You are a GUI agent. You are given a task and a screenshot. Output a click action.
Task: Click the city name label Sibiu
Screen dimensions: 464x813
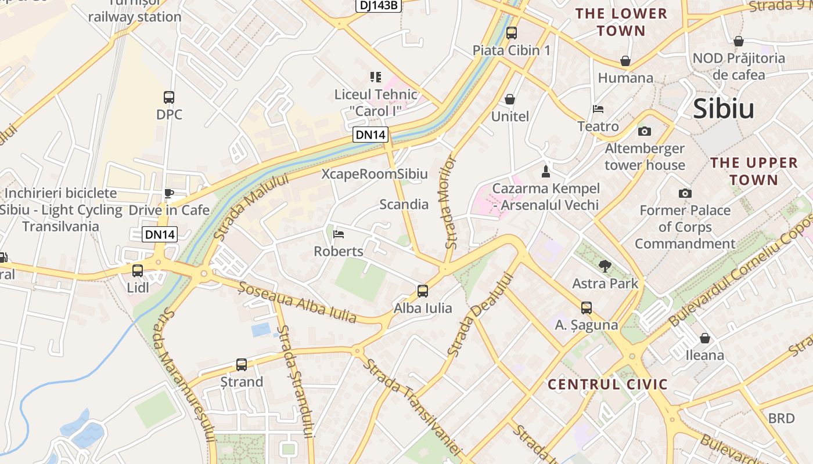[724, 109]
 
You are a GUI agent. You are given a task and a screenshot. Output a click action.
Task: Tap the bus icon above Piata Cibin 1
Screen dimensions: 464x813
[511, 33]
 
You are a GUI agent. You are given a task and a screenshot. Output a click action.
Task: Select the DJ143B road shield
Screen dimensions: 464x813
[379, 5]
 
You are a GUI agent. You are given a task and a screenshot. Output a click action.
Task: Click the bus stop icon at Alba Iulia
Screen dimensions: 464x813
[423, 291]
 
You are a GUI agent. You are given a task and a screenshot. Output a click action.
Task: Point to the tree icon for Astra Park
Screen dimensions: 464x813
[605, 266]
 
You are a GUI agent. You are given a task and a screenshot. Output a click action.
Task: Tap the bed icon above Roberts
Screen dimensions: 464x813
[339, 234]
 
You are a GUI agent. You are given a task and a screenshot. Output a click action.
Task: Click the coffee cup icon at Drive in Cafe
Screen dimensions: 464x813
[169, 193]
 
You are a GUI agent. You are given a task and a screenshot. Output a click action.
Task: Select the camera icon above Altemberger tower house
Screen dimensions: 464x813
[645, 131]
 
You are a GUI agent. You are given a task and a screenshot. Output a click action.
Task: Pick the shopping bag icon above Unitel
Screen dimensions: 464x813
[510, 100]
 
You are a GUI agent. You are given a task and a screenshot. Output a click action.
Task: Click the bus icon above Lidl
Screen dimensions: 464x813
[138, 271]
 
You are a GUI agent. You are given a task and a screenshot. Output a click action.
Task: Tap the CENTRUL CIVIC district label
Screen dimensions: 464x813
[607, 385]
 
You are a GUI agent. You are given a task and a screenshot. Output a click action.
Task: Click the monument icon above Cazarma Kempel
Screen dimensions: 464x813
[545, 171]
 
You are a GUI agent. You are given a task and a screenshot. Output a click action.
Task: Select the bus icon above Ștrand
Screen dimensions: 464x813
[242, 365]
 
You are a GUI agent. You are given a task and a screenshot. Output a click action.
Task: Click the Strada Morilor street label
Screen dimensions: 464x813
[451, 202]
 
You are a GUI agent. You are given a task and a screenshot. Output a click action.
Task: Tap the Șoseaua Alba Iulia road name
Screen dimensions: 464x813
[297, 302]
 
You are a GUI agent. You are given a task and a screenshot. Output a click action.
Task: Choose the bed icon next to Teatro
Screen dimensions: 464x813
[598, 109]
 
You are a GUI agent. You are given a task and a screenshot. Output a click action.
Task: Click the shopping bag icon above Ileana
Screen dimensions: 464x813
[705, 338]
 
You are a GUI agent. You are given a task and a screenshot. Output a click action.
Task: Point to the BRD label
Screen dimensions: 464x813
[781, 418]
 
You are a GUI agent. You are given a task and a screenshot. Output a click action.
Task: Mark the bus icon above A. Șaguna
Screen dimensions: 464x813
[587, 308]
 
